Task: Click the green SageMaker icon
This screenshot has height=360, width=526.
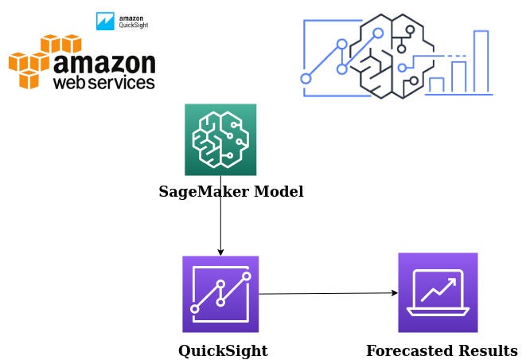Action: tap(220, 139)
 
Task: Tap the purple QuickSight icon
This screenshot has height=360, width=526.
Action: tap(220, 293)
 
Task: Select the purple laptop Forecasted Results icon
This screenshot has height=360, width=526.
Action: tap(438, 292)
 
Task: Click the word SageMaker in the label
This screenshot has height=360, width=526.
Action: tap(200, 192)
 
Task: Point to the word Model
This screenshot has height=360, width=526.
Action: tap(275, 192)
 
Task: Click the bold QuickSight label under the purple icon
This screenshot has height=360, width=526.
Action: tap(222, 350)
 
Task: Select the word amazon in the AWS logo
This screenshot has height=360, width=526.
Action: tap(103, 61)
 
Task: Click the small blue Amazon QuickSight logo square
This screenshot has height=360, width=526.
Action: tap(104, 22)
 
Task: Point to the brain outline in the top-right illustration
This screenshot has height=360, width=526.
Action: tap(380, 56)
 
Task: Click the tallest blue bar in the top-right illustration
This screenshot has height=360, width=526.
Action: tap(481, 62)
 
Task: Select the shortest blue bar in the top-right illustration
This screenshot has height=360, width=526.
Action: tap(436, 85)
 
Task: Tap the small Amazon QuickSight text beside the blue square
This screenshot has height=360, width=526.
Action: tap(133, 22)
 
